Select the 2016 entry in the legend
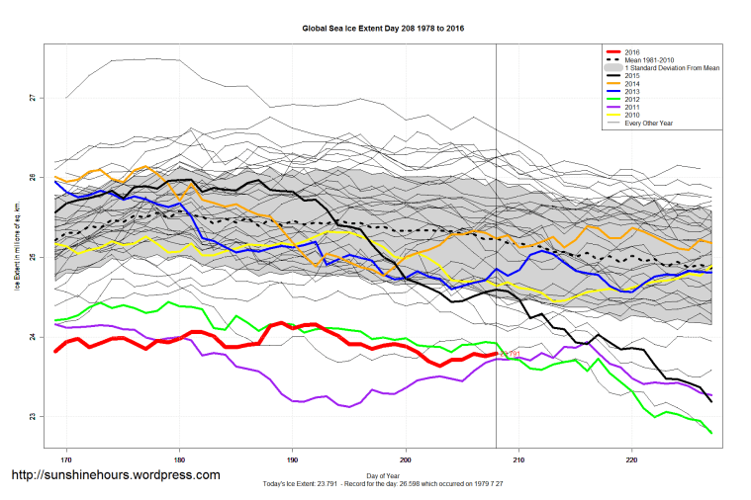tap(632, 50)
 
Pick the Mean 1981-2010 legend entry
tap(649, 59)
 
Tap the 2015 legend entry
tap(632, 75)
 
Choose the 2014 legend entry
tap(632, 83)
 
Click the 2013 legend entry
tap(632, 91)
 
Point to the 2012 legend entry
tap(632, 99)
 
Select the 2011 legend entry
tap(632, 107)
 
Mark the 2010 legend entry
tap(632, 115)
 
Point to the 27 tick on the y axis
tap(32, 98)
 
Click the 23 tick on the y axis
tap(32, 417)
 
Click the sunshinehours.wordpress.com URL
tap(115, 476)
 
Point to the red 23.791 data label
tap(510, 353)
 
